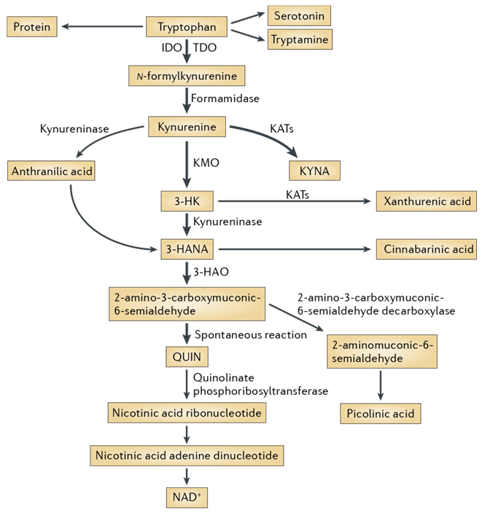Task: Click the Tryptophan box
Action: (187, 28)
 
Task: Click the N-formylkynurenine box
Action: (187, 75)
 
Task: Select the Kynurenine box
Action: (187, 127)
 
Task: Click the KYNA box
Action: (314, 170)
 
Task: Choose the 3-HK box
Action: (187, 201)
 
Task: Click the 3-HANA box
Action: (187, 249)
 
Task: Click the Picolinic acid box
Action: (381, 414)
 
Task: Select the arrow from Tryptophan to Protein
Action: (103, 28)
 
